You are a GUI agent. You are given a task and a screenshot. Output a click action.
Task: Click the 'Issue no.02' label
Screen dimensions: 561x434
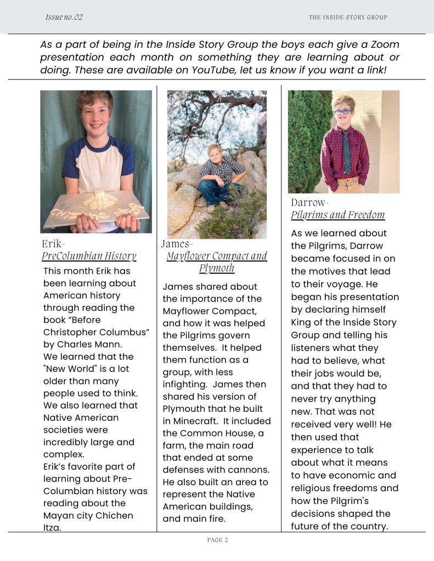point(64,17)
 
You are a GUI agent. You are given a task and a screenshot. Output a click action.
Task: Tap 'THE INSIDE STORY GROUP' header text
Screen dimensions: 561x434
point(348,18)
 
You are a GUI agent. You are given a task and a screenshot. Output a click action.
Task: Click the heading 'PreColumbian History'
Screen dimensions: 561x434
point(89,256)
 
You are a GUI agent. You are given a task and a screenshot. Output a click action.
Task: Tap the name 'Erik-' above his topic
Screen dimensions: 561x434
point(53,243)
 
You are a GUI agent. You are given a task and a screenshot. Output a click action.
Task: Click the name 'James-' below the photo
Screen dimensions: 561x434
point(177,243)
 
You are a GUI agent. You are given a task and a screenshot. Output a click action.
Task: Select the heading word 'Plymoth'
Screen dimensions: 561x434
point(217,268)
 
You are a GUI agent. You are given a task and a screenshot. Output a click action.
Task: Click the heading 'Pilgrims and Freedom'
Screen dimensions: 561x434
point(338,215)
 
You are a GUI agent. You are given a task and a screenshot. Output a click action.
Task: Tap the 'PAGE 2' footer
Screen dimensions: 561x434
point(217,540)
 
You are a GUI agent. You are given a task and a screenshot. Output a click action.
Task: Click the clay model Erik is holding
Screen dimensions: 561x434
point(97,208)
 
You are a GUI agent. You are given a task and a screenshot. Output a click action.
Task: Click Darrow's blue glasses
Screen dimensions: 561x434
point(343,112)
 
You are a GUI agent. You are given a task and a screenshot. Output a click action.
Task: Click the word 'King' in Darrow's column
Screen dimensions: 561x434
point(302,322)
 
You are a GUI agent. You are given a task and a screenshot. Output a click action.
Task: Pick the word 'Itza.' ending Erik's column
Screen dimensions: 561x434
point(53,528)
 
